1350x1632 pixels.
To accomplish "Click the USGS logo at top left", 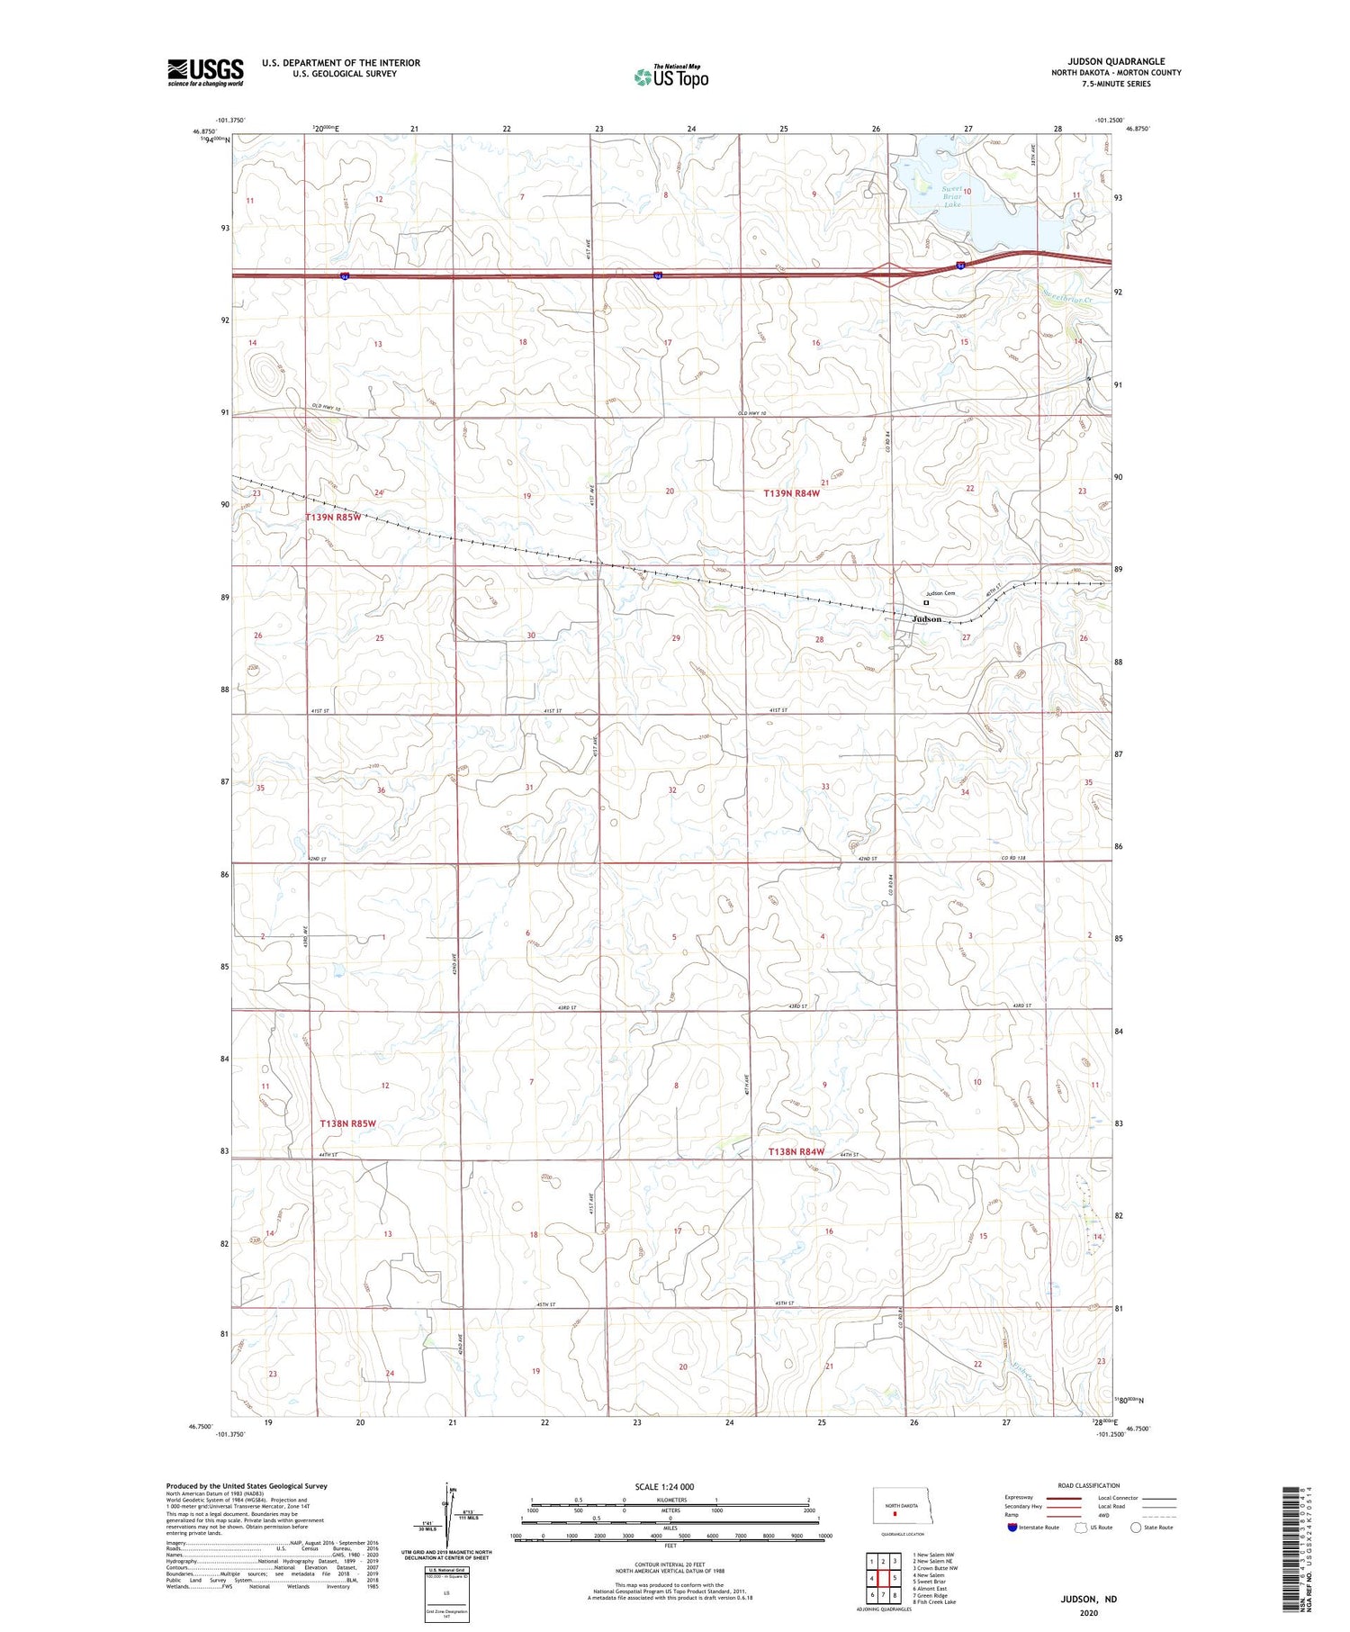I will tap(205, 72).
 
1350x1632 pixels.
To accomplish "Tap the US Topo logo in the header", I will tap(670, 77).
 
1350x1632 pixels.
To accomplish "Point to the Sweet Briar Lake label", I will tap(952, 196).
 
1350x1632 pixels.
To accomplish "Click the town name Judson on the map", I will tap(927, 619).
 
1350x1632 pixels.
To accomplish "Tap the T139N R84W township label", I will tap(792, 493).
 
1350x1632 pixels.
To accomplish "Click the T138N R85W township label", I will tap(347, 1123).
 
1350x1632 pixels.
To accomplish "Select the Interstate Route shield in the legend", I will tap(1012, 1528).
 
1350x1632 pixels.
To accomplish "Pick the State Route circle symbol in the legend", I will tap(1137, 1527).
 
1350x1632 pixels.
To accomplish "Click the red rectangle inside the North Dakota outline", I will tap(895, 1513).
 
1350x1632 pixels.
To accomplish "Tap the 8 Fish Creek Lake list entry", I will tap(934, 1602).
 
